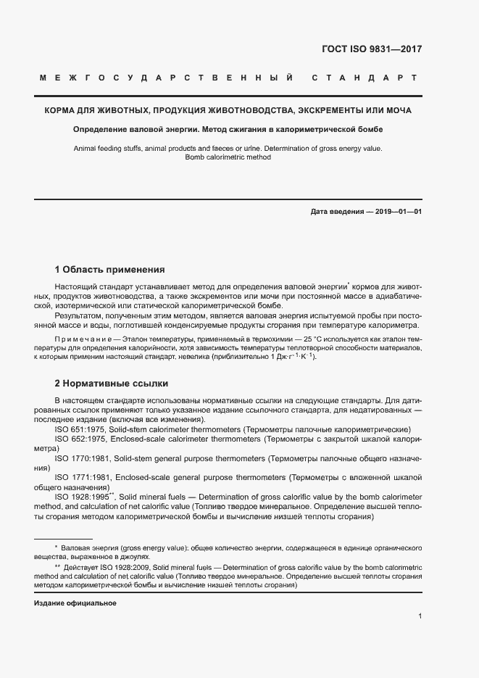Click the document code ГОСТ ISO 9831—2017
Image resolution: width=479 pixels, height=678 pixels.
point(372,49)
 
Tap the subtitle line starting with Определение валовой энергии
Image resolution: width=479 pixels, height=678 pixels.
point(228,130)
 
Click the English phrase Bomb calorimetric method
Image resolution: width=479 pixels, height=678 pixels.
point(228,157)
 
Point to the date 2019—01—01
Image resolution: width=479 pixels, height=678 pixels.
point(396,212)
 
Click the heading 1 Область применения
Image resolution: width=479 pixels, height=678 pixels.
point(109,269)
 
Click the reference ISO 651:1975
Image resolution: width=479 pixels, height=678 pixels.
point(80,430)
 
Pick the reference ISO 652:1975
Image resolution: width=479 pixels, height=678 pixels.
point(80,439)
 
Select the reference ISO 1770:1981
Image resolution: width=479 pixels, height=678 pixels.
point(82,459)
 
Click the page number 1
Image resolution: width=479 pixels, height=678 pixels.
point(420,616)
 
